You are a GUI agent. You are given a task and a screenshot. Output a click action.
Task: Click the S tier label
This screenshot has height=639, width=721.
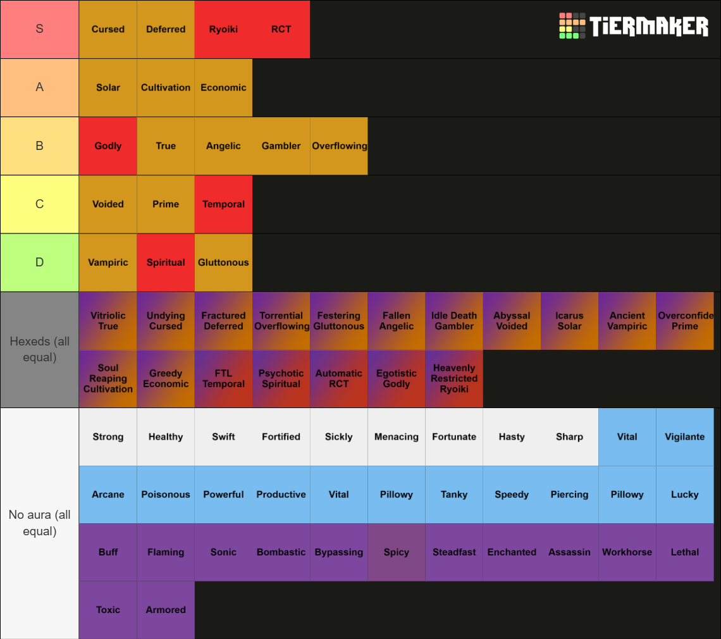39,29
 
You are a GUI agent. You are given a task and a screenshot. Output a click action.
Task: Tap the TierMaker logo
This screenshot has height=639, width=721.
634,26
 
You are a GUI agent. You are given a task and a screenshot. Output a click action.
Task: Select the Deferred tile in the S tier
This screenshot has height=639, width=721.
166,29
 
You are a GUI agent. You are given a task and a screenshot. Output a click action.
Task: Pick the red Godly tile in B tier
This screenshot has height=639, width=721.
108,146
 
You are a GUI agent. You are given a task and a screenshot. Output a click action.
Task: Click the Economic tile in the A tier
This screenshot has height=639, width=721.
223,87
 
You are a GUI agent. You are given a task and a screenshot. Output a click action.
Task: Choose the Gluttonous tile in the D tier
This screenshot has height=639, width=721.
223,262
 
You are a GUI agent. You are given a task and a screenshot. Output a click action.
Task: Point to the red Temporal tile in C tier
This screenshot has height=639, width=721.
223,204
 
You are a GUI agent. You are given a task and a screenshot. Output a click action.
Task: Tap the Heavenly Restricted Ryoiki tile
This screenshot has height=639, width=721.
454,378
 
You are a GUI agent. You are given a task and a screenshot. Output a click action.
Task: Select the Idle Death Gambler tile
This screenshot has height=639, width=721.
454,321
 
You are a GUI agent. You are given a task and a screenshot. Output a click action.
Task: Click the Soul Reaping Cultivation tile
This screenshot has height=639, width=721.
108,378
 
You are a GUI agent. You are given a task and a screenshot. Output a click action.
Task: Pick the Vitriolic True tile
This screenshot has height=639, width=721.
108,321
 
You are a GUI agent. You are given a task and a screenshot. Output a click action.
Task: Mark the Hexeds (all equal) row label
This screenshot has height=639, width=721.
39,349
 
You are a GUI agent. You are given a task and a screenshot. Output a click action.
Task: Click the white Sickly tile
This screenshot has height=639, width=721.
339,437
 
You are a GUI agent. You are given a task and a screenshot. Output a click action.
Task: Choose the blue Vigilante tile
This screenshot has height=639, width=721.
685,437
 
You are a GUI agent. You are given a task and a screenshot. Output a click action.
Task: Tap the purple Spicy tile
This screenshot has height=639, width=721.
397,552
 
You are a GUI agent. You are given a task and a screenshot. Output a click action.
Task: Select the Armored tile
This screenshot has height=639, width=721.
166,609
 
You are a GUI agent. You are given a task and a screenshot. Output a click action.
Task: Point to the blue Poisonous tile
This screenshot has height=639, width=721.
166,494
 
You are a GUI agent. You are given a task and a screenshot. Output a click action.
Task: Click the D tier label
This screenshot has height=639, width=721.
39,262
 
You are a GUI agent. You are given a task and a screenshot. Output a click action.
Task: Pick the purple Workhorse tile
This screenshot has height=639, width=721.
627,552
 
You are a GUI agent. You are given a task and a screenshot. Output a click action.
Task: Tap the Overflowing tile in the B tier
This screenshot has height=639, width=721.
339,146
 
